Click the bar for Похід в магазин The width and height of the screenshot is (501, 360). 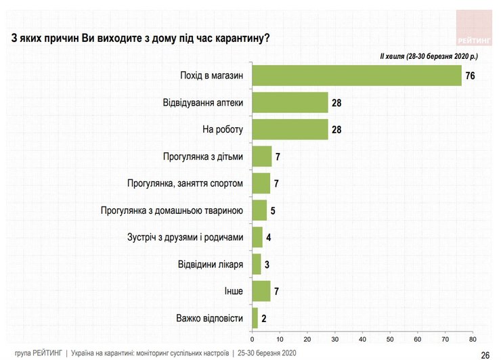pos(356,75)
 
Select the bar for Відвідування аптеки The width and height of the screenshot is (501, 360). pos(290,102)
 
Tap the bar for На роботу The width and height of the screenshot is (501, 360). pos(290,129)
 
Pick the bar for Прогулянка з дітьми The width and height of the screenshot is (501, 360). pos(261,156)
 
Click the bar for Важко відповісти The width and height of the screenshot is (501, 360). pos(255,317)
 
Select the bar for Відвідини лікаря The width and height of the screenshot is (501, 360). pos(256,264)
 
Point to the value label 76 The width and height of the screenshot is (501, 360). pos(470,76)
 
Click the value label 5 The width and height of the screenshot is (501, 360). pos(273,210)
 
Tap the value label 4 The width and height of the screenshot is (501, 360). pos(269,238)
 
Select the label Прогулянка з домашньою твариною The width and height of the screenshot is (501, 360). pos(171,210)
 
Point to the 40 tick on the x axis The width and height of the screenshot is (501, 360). pos(362,338)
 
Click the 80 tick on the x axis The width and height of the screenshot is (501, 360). pos(472,338)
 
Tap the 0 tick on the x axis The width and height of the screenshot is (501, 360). pos(252,338)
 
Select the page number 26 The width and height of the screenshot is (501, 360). pos(485,354)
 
